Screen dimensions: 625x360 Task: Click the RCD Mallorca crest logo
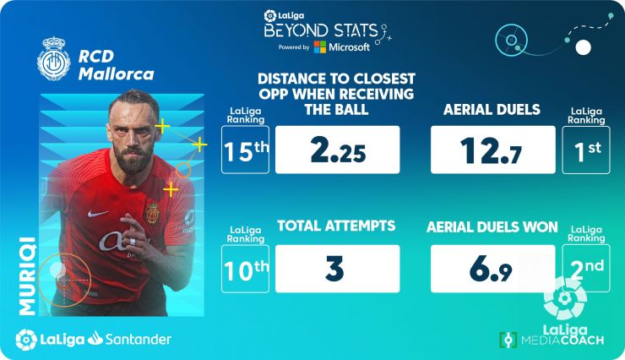pos(54,59)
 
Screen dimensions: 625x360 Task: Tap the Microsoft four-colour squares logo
pos(319,47)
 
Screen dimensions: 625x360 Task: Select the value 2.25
pos(338,150)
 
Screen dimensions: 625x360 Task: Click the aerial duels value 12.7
pos(491,150)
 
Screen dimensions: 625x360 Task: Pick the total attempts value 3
pos(334,268)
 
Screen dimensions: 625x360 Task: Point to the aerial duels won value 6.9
pos(491,269)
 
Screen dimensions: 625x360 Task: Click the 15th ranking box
pos(245,150)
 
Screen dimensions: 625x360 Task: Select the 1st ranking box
pos(586,150)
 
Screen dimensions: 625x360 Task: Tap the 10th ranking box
pos(245,269)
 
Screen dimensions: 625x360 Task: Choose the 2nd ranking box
pos(586,268)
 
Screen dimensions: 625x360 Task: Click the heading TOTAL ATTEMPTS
pos(336,226)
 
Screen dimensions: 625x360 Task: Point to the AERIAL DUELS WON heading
pos(492,226)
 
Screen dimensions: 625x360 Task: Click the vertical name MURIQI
pos(28,276)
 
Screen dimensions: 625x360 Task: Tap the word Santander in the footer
pos(138,340)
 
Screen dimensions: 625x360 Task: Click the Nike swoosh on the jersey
pos(97,214)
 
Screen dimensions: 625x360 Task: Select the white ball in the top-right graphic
pos(583,47)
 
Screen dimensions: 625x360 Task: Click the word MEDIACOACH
pos(562,341)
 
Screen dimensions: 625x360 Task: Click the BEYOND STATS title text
pos(321,30)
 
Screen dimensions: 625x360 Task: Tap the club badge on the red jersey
pos(152,213)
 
